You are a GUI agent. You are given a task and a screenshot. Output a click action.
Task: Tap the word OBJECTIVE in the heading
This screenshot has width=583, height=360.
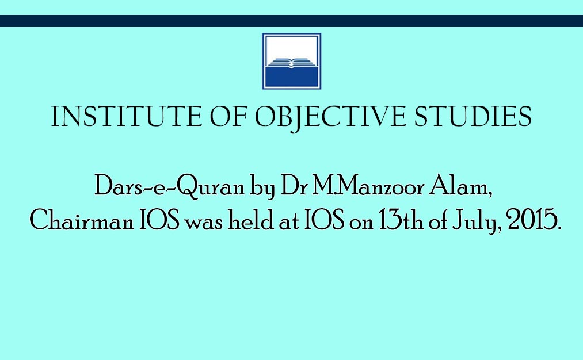point(330,118)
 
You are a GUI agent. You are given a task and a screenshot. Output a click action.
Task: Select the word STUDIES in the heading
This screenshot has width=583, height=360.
point(473,116)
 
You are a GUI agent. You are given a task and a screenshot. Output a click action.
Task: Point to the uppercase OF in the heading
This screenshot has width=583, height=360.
point(228,116)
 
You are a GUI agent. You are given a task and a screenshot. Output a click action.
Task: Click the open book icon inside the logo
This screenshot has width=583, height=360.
point(291,63)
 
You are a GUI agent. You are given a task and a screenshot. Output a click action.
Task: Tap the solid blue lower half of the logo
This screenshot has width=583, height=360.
point(291,77)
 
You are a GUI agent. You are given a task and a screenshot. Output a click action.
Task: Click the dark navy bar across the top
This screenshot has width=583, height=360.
point(291,21)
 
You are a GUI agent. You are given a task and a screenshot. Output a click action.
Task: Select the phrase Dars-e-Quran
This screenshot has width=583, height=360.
point(169,186)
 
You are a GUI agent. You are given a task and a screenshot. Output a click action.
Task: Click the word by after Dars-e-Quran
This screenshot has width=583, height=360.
point(262,187)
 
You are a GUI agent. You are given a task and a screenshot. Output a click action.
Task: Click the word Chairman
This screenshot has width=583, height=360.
point(81,220)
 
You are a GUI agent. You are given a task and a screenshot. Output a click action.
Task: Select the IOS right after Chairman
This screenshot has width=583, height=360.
point(159,220)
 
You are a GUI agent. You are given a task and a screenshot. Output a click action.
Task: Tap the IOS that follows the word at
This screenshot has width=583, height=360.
point(324,220)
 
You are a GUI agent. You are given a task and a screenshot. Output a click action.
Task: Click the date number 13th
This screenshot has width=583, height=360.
point(401,220)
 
